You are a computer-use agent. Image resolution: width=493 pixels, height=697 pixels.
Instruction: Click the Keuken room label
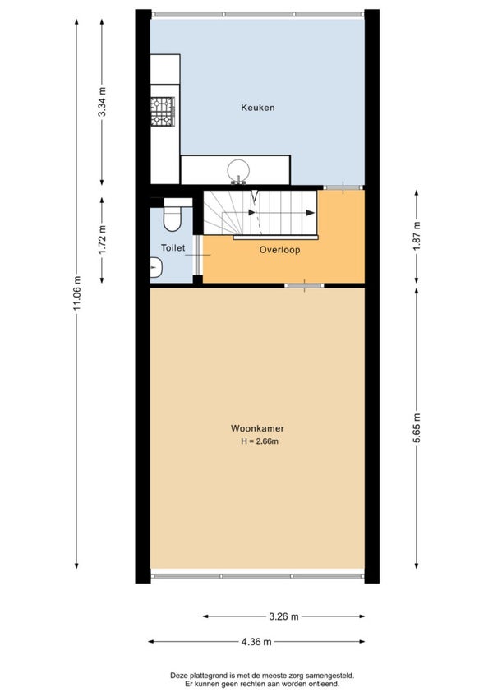coord(258,108)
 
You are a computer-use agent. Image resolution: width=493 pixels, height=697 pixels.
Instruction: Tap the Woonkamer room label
coord(257,428)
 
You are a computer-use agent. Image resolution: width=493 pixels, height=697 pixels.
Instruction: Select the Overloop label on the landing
coord(279,250)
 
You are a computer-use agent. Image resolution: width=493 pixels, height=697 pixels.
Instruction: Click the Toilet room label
coord(173,248)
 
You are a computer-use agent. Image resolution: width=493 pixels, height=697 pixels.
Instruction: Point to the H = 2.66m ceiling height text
coord(260,441)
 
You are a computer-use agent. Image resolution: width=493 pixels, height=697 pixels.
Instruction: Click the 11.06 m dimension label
coord(77,293)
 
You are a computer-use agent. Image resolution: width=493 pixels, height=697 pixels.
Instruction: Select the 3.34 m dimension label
coord(102,102)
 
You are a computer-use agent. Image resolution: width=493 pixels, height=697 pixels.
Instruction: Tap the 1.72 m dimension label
coord(102,241)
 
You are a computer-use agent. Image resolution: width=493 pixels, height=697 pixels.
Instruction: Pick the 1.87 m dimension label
coord(417,236)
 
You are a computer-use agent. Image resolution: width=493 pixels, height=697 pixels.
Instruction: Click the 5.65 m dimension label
coord(417,428)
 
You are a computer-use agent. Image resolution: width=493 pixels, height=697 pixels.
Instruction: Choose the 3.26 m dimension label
coord(284,616)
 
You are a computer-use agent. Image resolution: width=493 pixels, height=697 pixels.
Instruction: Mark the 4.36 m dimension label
coord(256,642)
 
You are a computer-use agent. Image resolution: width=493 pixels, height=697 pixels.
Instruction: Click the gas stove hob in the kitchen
coord(162,112)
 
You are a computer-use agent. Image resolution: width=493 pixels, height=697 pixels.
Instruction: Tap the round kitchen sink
coord(238,170)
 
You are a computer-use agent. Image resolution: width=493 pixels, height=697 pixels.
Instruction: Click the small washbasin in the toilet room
coord(156,268)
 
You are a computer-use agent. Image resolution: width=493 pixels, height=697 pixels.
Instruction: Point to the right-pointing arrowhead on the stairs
coord(311,213)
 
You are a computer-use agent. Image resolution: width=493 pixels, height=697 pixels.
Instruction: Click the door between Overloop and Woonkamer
coord(304,286)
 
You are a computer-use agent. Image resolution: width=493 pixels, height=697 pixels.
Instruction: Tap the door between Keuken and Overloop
coord(343,187)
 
